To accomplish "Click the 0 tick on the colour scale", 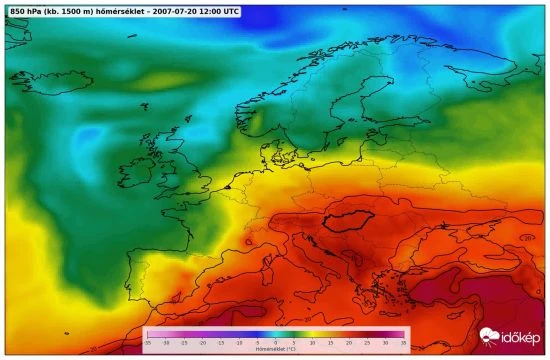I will pyautogui.click(x=275, y=343).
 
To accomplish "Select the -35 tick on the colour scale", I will pyautogui.click(x=147, y=343).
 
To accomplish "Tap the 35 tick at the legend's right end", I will pyautogui.click(x=403, y=343).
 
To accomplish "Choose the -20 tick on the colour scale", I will pyautogui.click(x=202, y=343).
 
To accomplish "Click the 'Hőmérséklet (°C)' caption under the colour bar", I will pyautogui.click(x=275, y=350).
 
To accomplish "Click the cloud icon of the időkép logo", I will pyautogui.click(x=489, y=338).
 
